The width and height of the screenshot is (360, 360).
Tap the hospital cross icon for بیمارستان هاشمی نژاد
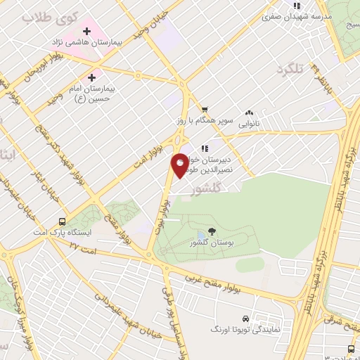87,31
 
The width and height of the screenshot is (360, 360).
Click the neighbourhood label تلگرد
293,69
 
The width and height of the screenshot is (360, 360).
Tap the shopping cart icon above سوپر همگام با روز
204,109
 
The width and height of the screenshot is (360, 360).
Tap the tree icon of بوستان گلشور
212,231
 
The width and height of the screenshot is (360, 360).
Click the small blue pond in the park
202,234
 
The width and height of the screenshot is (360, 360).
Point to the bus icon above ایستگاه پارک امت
63,221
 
